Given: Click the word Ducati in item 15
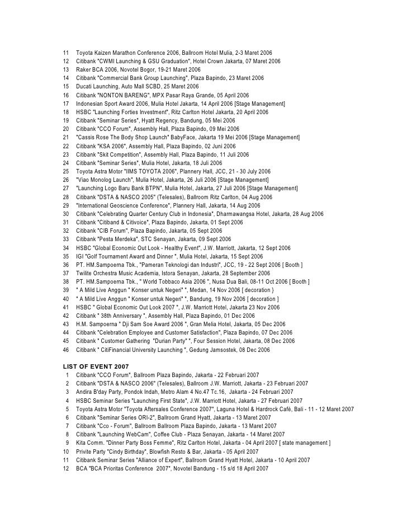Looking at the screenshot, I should click(85, 87).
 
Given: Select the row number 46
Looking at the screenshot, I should click(65, 350).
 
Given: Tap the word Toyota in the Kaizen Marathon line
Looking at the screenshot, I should click(86, 51).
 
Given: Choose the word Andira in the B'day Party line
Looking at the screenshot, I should click(85, 392).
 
